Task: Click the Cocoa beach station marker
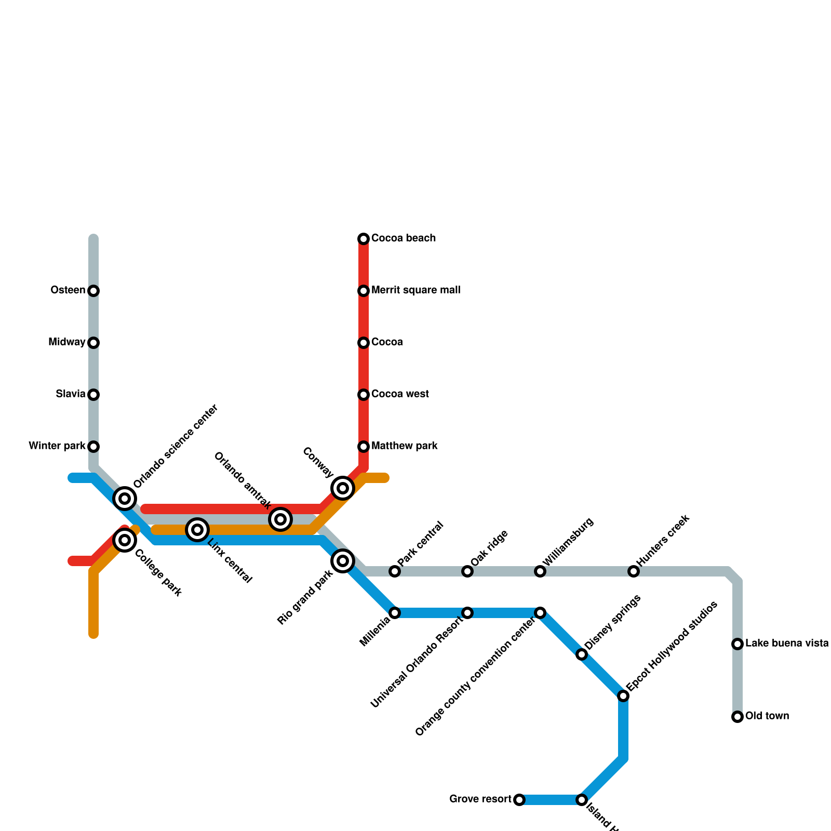364,239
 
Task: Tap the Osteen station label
68,290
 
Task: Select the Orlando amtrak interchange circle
280,519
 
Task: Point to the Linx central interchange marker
197,530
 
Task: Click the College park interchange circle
125,540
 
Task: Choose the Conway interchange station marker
343,488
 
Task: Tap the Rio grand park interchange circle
343,561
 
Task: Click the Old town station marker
738,717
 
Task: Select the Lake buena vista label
787,644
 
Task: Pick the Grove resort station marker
519,800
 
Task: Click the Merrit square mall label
415,290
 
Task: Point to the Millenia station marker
395,613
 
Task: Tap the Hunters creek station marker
634,571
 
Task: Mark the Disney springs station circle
582,654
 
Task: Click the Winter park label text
57,446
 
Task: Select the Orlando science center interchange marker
125,499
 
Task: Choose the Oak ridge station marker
467,571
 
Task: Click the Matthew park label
404,446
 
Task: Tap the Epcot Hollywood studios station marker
623,696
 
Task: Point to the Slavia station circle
93,395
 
